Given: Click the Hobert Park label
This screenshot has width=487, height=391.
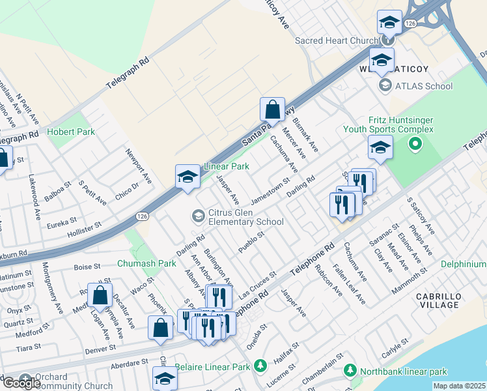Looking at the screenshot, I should pyautogui.click(x=71, y=132).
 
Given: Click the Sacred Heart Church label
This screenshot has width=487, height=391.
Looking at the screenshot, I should pyautogui.click(x=337, y=40).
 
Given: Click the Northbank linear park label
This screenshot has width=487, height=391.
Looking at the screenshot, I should pyautogui.click(x=404, y=371).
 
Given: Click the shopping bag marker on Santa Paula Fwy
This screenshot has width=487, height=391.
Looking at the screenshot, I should pyautogui.click(x=273, y=110).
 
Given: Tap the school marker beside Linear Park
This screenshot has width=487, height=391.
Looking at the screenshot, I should pyautogui.click(x=187, y=177).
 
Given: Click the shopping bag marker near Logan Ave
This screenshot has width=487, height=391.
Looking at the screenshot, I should pyautogui.click(x=100, y=296).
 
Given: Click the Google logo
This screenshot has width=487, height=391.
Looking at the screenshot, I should pyautogui.click(x=21, y=383).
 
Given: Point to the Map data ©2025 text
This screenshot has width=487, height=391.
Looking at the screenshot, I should pyautogui.click(x=460, y=386).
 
